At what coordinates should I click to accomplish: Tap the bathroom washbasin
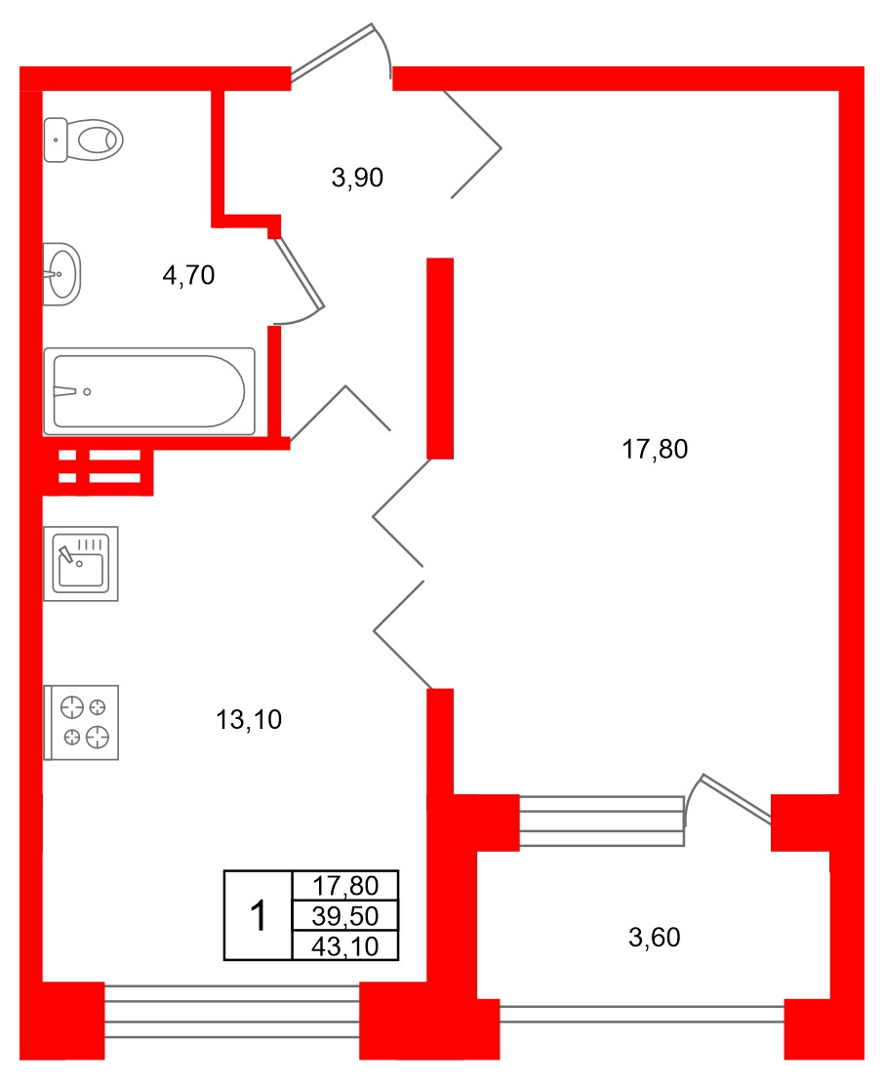pyautogui.click(x=62, y=274)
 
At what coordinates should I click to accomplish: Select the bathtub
pyautogui.click(x=148, y=391)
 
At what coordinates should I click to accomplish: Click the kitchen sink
pyautogui.click(x=81, y=564)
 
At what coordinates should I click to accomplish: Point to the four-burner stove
pyautogui.click(x=83, y=722)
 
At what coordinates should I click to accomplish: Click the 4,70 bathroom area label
pyautogui.click(x=188, y=276)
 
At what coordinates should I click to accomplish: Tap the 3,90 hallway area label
pyautogui.click(x=358, y=178)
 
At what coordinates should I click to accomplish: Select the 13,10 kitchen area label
pyautogui.click(x=249, y=721)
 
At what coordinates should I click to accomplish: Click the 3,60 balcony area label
pyautogui.click(x=655, y=939)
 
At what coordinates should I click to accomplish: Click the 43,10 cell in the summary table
pyautogui.click(x=345, y=945)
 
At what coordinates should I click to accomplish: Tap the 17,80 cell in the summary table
pyautogui.click(x=345, y=886)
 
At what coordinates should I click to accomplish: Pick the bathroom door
pyautogui.click(x=299, y=276)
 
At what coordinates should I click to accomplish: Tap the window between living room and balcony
pyautogui.click(x=601, y=820)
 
